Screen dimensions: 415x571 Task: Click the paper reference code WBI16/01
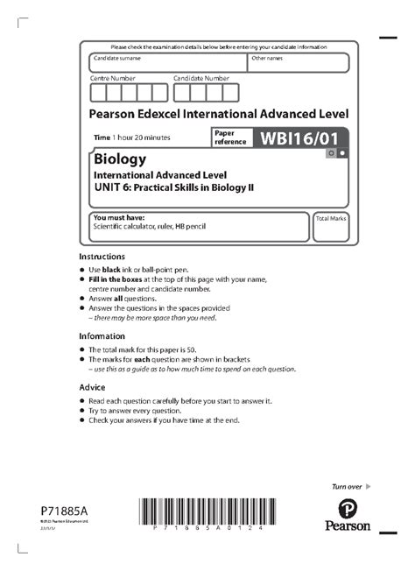[298, 137]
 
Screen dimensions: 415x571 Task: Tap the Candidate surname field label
[116, 58]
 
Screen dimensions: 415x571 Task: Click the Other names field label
[267, 58]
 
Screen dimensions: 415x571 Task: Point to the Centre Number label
[112, 78]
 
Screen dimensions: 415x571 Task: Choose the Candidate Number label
[200, 78]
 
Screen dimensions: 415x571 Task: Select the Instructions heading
[102, 256]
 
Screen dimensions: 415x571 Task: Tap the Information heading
[102, 336]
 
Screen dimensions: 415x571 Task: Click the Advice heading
[92, 387]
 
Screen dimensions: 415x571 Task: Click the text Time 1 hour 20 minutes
[132, 138]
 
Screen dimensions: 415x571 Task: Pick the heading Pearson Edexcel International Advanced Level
[219, 114]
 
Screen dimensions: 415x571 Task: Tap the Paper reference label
[229, 137]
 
